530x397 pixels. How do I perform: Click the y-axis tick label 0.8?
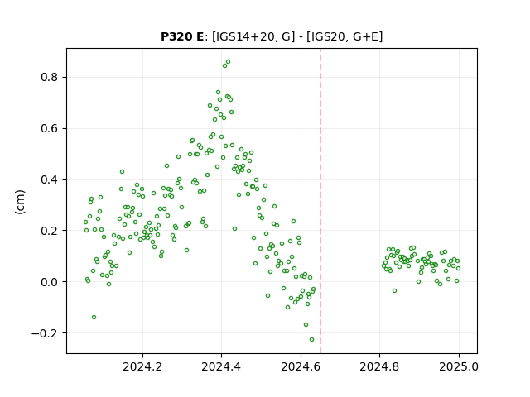[x=50, y=77]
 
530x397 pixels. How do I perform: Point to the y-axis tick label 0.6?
[x=50, y=129]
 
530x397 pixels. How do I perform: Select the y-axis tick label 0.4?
[x=50, y=179]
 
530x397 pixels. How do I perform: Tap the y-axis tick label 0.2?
[x=50, y=231]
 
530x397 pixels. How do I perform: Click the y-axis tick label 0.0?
[x=50, y=282]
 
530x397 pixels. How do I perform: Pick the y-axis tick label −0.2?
[x=45, y=333]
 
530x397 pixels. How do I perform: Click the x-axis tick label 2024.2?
[x=142, y=366]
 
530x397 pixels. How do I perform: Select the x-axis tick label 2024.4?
[x=221, y=366]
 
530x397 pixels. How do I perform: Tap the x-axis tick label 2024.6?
[x=301, y=366]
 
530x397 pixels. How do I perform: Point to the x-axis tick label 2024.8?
[x=379, y=366]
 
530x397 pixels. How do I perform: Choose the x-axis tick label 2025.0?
[x=459, y=366]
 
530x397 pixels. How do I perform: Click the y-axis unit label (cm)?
[x=20, y=202]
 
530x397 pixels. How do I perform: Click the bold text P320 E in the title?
[x=182, y=36]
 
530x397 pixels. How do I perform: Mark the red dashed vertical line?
[x=320, y=201]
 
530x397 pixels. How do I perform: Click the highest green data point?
[x=229, y=62]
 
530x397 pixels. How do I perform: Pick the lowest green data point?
[x=311, y=339]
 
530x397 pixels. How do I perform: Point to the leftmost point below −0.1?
[x=94, y=317]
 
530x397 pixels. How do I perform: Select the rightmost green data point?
[x=458, y=268]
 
